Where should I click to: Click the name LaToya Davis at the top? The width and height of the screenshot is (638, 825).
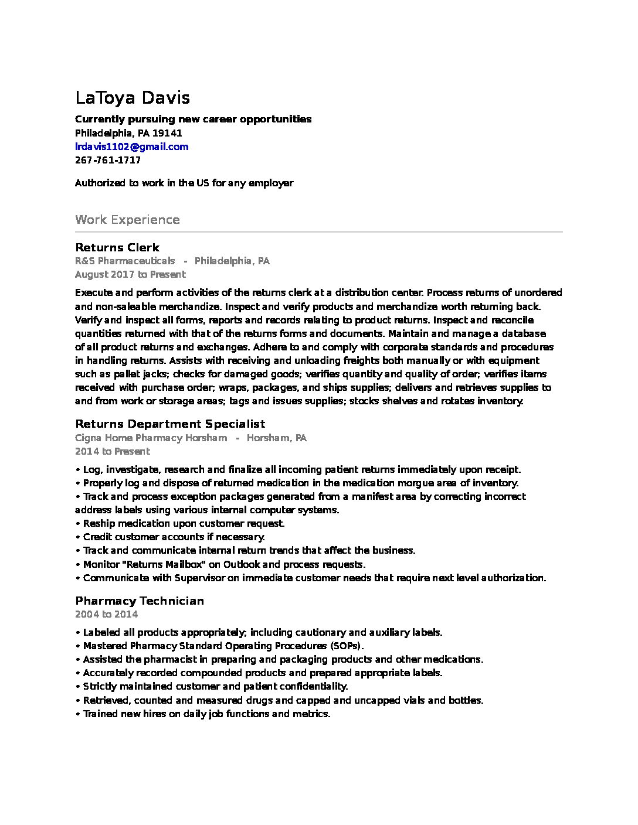tap(133, 97)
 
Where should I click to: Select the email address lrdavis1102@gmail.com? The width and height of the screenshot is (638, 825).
tap(131, 146)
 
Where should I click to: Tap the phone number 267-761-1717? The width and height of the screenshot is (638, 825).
tap(108, 160)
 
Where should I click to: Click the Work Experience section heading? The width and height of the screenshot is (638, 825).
tap(127, 220)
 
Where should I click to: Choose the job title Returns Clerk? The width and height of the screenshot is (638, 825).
tap(117, 247)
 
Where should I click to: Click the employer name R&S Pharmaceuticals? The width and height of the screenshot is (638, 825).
tap(125, 261)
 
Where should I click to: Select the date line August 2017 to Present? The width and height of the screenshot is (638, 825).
tap(130, 274)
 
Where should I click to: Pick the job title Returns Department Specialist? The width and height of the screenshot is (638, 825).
tap(170, 424)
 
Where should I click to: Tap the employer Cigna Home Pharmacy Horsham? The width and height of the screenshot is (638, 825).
tap(151, 438)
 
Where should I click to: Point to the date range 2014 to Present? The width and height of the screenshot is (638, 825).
tap(112, 451)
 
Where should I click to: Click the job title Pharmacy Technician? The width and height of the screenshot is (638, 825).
tap(140, 601)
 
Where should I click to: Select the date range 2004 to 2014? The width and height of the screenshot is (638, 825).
tap(106, 614)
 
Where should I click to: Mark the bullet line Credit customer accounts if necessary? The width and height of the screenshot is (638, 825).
tap(174, 537)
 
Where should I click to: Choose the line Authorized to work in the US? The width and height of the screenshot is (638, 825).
tap(184, 183)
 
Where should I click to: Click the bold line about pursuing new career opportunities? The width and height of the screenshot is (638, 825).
tap(193, 119)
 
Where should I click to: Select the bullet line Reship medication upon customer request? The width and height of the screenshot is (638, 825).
tap(183, 523)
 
